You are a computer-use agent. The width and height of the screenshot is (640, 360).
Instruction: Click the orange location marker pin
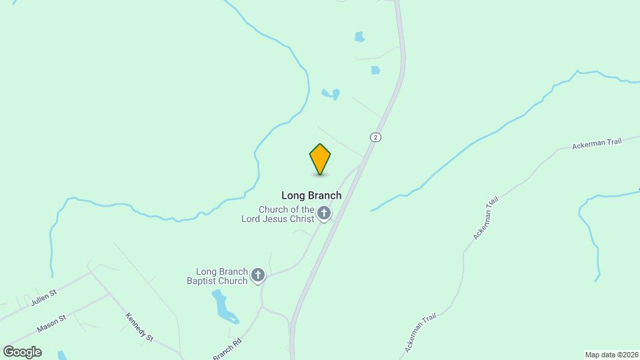(x=320, y=159)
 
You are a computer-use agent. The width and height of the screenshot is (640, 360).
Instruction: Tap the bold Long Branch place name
(x=311, y=195)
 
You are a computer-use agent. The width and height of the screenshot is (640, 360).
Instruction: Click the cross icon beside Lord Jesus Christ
(x=324, y=214)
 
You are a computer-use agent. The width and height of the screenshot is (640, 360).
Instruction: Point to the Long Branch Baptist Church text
(x=222, y=276)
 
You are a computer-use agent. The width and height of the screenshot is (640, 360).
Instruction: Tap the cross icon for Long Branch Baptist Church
(x=258, y=275)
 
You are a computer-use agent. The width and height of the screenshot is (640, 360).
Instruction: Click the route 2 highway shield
(x=376, y=137)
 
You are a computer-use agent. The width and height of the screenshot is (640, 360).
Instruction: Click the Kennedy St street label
(x=139, y=327)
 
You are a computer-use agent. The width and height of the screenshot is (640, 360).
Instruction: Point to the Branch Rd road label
(x=227, y=351)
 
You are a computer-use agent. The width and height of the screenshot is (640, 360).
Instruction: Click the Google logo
(x=22, y=352)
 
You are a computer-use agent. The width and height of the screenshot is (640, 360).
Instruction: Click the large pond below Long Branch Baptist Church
(x=223, y=306)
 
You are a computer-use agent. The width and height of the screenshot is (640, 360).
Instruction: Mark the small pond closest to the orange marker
(x=331, y=94)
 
